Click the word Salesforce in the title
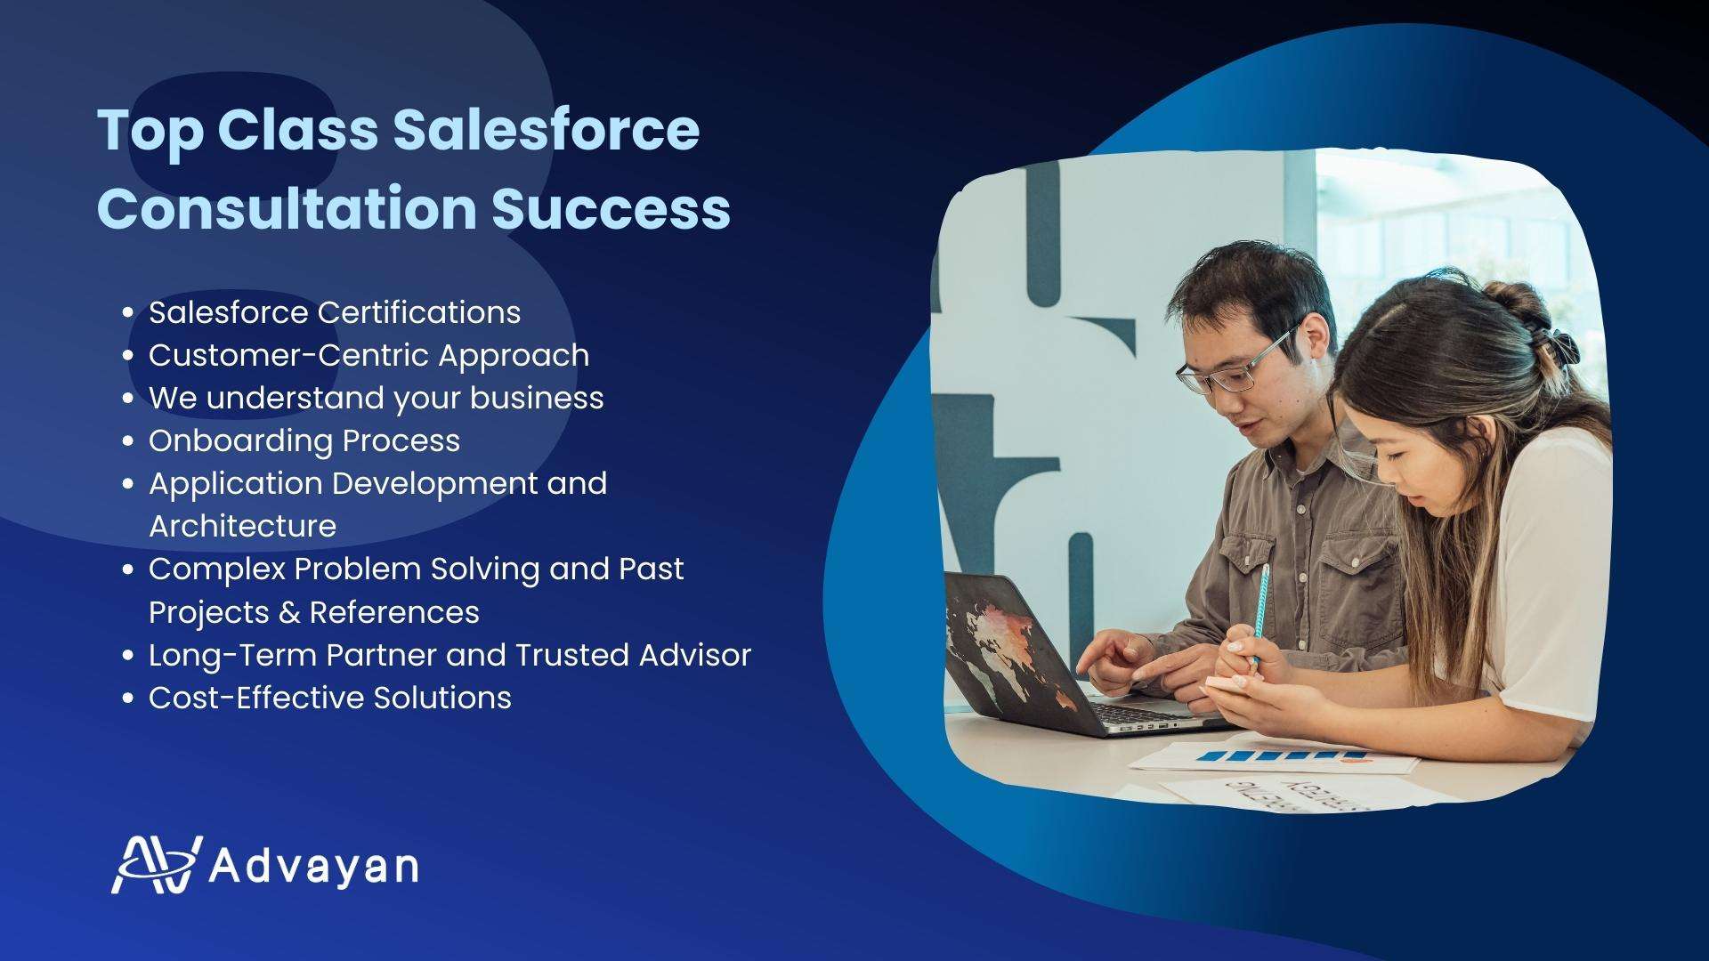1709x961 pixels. [x=547, y=130]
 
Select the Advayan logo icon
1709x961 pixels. [x=157, y=864]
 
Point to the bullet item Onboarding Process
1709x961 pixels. [x=304, y=440]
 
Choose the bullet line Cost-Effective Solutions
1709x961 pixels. [x=330, y=698]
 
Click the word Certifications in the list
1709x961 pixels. [x=419, y=312]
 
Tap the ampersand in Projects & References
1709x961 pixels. [x=290, y=612]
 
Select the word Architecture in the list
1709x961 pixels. [x=242, y=526]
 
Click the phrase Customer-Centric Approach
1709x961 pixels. [x=369, y=355]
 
